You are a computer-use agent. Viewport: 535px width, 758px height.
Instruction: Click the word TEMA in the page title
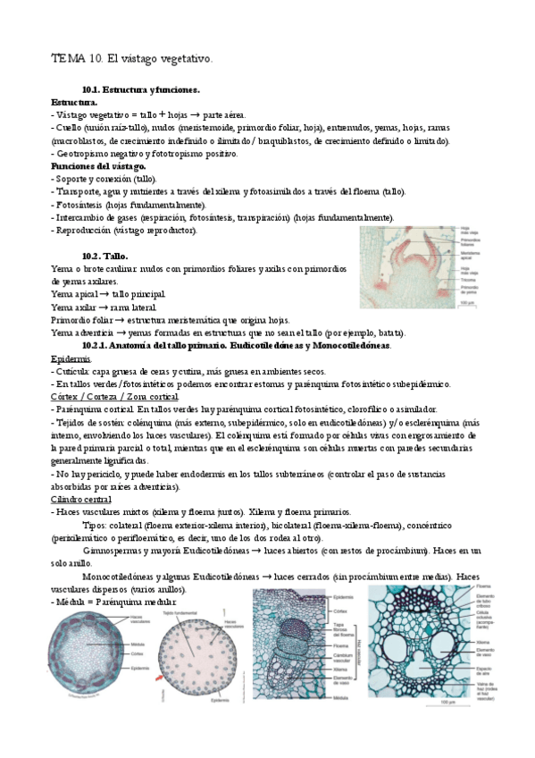click(x=64, y=59)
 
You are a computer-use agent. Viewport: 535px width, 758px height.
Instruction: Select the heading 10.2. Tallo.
click(x=104, y=256)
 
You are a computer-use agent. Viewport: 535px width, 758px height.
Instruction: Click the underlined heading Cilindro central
click(x=81, y=500)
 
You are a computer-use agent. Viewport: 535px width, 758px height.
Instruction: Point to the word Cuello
click(x=69, y=127)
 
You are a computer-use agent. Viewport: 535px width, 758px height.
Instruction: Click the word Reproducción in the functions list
click(x=84, y=231)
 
